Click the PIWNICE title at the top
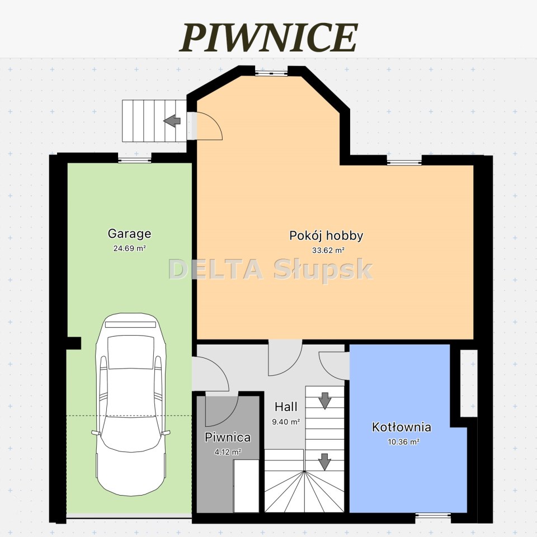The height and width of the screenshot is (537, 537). pyautogui.click(x=268, y=37)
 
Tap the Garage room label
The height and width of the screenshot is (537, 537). pyautogui.click(x=129, y=234)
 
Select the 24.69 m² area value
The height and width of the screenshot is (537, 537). pyautogui.click(x=129, y=248)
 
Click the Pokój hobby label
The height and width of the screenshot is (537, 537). pyautogui.click(x=326, y=236)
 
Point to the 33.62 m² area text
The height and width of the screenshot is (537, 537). pyautogui.click(x=328, y=251)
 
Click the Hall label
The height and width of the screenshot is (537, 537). pyautogui.click(x=286, y=407)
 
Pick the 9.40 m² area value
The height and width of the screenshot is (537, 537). pyautogui.click(x=286, y=422)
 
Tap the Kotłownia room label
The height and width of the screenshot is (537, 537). pyautogui.click(x=402, y=427)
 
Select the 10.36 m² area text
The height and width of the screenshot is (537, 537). pyautogui.click(x=403, y=442)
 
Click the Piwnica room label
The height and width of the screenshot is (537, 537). pyautogui.click(x=228, y=437)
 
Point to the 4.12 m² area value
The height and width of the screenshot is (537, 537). pyautogui.click(x=228, y=452)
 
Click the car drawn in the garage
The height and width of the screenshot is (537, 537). pyautogui.click(x=130, y=403)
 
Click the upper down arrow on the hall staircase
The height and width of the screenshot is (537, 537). pyautogui.click(x=324, y=401)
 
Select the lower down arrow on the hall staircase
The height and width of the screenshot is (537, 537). pyautogui.click(x=324, y=461)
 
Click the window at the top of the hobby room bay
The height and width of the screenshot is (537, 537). pyautogui.click(x=271, y=73)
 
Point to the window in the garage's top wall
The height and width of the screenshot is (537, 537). pyautogui.click(x=135, y=159)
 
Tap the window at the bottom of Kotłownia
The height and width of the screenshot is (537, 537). pyautogui.click(x=433, y=515)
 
